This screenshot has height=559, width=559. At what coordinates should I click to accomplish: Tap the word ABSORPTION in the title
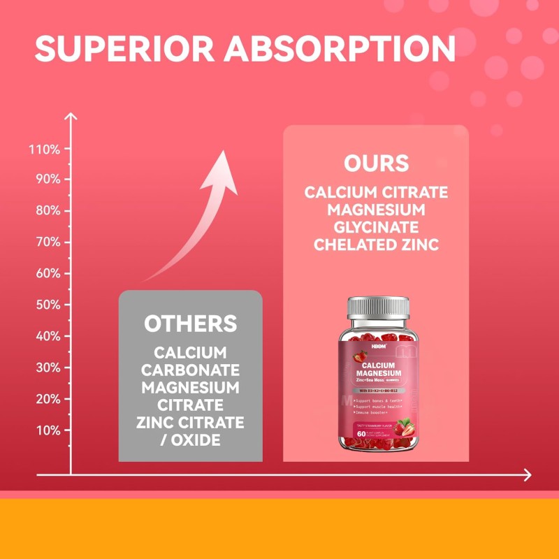click(342, 48)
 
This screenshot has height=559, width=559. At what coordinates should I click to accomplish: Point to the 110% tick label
click(45, 149)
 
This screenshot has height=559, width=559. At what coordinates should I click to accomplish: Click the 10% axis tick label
click(48, 430)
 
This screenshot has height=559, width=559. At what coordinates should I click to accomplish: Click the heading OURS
click(376, 164)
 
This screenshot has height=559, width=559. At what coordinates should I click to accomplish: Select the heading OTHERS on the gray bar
click(190, 324)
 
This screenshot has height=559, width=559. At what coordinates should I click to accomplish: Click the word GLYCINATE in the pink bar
click(376, 227)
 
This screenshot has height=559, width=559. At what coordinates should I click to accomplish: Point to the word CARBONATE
click(190, 370)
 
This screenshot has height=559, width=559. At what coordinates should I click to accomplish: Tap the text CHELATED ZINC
click(376, 245)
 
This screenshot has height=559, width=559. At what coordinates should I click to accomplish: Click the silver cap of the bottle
click(377, 307)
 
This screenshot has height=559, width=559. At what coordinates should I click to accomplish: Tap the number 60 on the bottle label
click(361, 433)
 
